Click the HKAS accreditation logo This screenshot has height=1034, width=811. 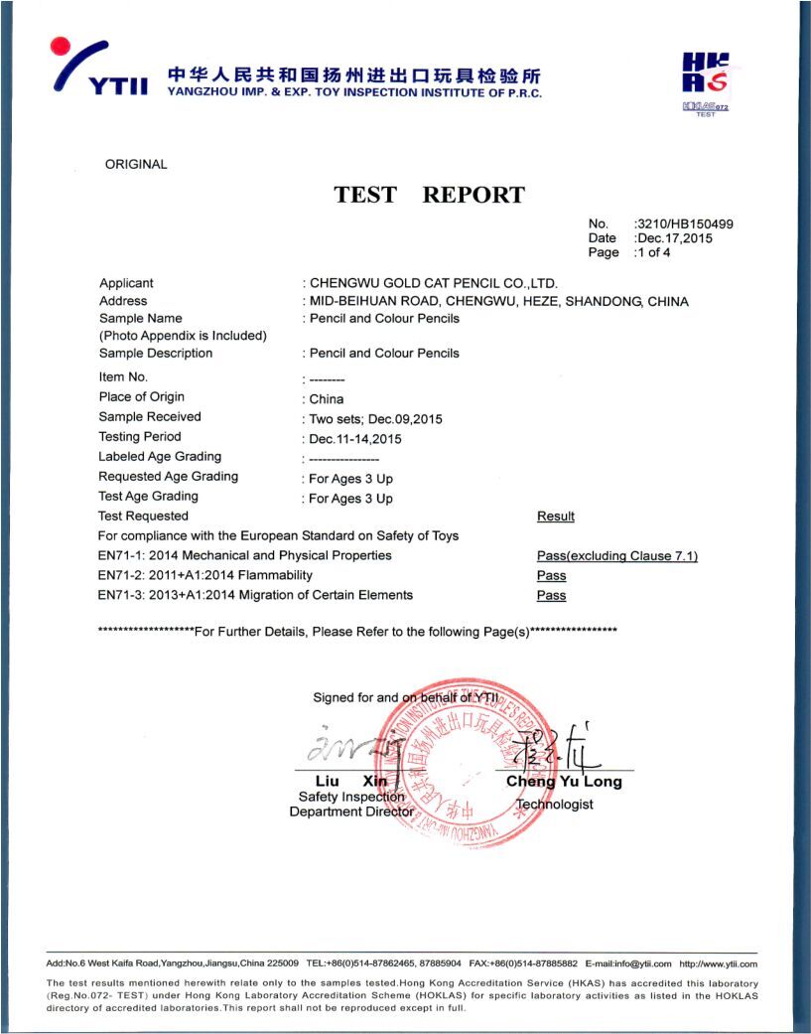click(706, 82)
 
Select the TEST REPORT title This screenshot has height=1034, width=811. click(429, 195)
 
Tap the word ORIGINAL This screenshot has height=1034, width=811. click(136, 165)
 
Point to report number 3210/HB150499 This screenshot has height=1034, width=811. click(685, 224)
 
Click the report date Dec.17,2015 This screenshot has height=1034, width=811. click(675, 238)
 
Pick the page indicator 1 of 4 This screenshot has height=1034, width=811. click(654, 252)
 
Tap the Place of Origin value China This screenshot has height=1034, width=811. click(327, 399)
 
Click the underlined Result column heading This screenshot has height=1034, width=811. click(556, 517)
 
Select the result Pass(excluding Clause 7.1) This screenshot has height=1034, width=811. click(616, 556)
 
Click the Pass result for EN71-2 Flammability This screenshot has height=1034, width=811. click(551, 576)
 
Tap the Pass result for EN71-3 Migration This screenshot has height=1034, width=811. click(551, 596)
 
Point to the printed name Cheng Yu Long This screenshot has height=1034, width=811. click(564, 782)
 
